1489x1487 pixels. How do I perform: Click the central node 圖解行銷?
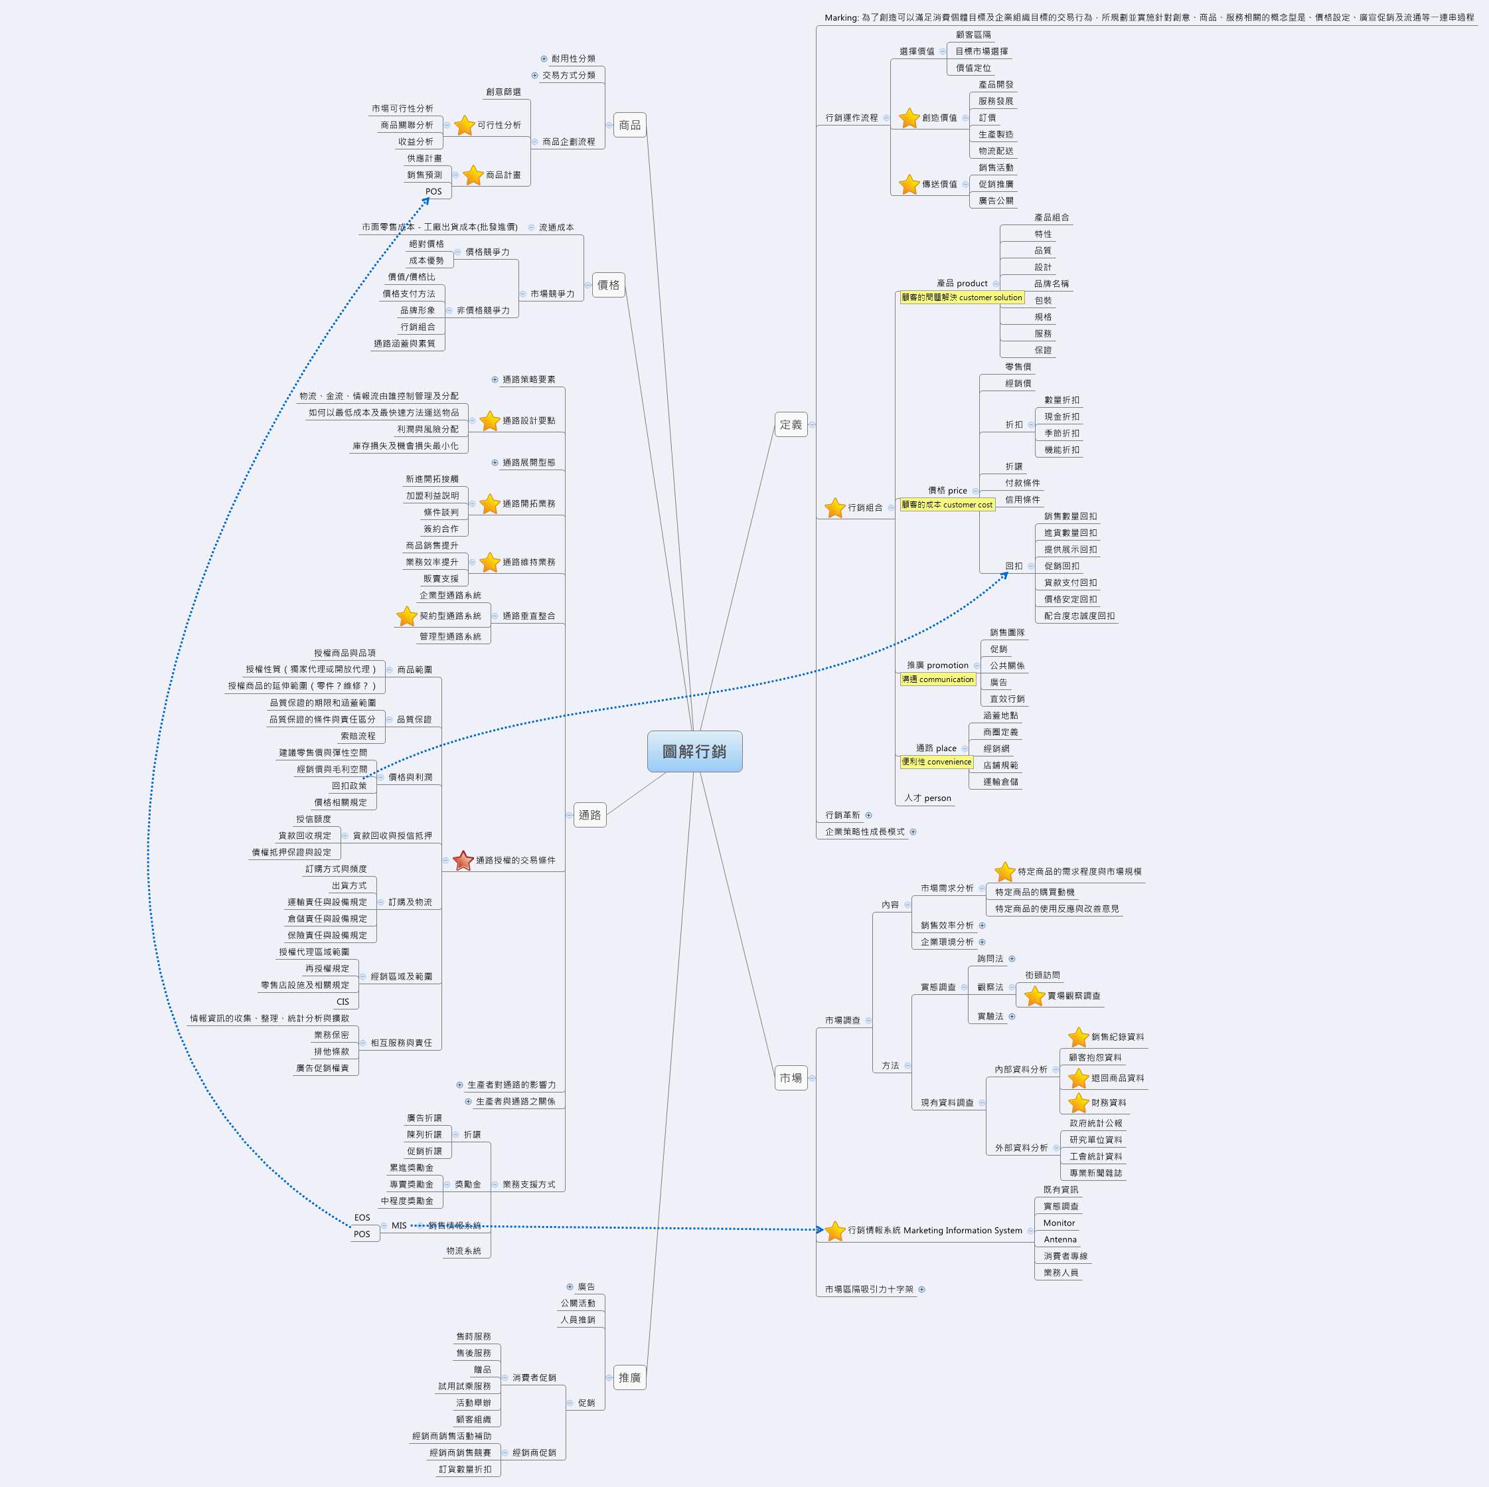click(694, 751)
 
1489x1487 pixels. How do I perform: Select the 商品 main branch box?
click(630, 125)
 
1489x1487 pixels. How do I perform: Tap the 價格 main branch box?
click(608, 284)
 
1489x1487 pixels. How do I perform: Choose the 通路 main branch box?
click(589, 815)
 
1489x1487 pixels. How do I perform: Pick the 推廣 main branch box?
click(630, 1377)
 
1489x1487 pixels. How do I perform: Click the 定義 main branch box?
click(791, 424)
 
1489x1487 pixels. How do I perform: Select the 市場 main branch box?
click(791, 1078)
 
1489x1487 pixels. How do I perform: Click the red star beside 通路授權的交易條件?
click(463, 860)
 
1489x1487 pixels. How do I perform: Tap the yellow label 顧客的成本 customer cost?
click(947, 505)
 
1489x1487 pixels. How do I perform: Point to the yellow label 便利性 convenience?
click(937, 762)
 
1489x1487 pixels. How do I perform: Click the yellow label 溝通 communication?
click(938, 679)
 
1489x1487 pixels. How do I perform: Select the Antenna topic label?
click(1059, 1239)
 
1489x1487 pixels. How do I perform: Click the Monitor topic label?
click(1059, 1223)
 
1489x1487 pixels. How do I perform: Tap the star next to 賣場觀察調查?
click(1034, 996)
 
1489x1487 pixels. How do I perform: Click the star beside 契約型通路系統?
click(407, 616)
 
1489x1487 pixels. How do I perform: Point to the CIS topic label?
click(343, 1002)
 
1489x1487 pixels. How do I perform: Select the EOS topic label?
click(362, 1217)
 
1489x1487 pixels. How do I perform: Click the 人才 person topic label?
click(928, 798)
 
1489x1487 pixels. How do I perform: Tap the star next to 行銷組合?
click(834, 507)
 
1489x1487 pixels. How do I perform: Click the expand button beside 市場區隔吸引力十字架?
click(922, 1289)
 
